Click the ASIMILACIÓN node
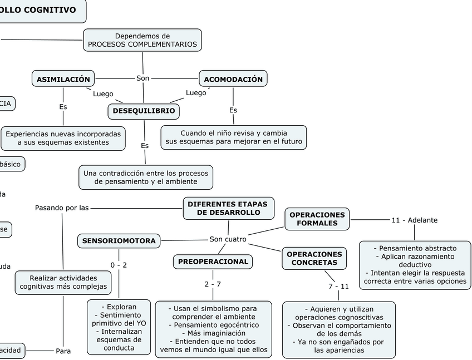pos(63,79)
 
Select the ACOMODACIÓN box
pos(233,79)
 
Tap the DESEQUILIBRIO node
pos(144,111)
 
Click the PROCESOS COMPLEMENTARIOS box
pos(142,40)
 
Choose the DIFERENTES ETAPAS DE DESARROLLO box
pos(228,208)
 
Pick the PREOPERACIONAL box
pos(213,262)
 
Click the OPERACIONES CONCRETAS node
pos(314,258)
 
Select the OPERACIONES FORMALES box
pos(317,219)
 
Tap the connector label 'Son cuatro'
pos(228,239)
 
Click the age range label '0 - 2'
pos(119,265)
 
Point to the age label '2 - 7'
pos(213,284)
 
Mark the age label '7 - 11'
pos(338,286)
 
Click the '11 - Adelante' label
pos(414,220)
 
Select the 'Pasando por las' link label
pos(62,208)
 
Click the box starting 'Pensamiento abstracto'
pos(415,264)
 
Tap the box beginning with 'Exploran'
pos(119,327)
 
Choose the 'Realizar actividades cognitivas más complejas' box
pos(63,282)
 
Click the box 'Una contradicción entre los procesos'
pos(146,177)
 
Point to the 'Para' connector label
pos(63,351)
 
